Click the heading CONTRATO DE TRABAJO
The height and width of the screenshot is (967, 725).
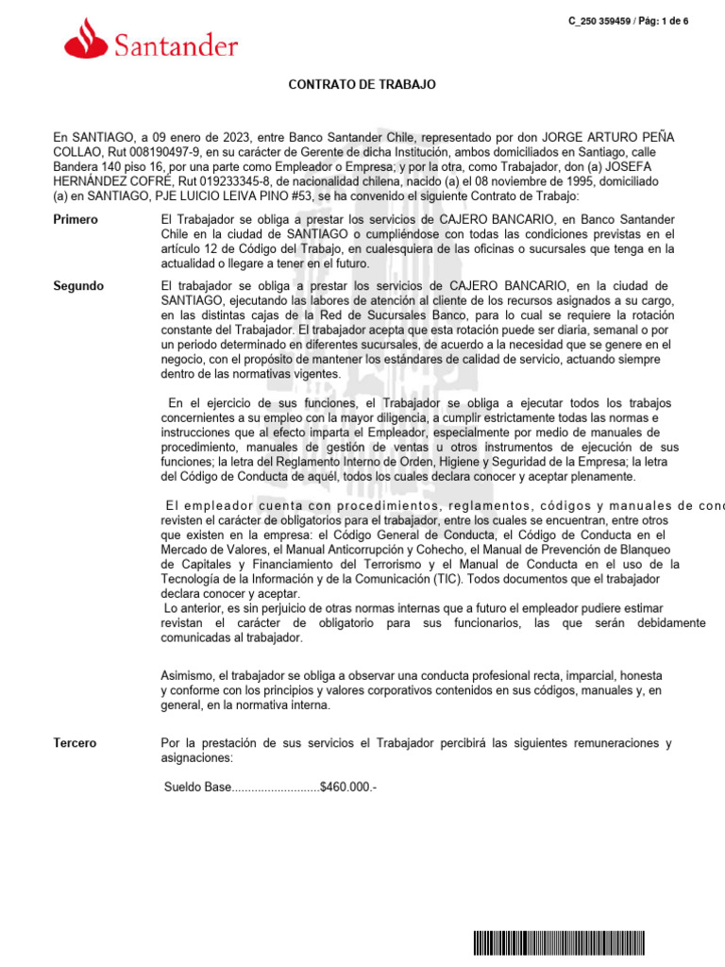pos(362,85)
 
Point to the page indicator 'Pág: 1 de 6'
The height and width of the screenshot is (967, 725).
pos(664,21)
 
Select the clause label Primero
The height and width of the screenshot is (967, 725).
pos(76,220)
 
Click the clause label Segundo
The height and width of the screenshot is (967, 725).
pos(78,286)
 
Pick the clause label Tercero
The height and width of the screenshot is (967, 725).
pos(75,743)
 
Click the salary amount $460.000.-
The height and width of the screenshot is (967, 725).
pos(348,787)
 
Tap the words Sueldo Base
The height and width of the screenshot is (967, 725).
pos(197,787)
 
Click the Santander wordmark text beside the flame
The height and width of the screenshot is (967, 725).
pos(176,44)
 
